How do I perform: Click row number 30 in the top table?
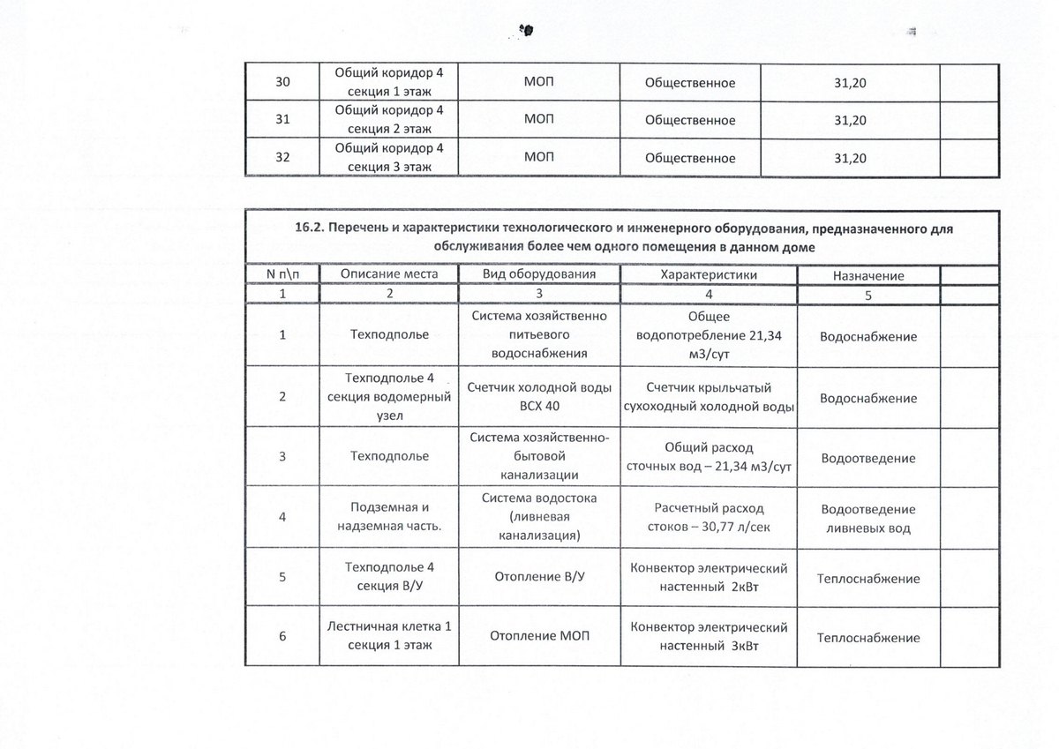click(282, 82)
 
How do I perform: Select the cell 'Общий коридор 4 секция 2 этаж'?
click(389, 120)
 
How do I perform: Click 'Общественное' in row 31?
click(691, 121)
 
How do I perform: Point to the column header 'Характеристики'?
click(709, 274)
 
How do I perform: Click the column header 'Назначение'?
click(867, 275)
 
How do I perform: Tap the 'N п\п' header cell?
click(282, 274)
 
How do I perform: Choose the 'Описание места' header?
click(389, 274)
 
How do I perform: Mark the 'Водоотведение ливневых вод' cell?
click(867, 519)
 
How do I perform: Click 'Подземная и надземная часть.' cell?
click(389, 518)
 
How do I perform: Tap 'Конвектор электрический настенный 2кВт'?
click(709, 578)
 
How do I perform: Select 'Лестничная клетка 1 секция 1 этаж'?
click(389, 637)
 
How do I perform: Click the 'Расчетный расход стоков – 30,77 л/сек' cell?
click(709, 518)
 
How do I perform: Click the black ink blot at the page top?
click(528, 30)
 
